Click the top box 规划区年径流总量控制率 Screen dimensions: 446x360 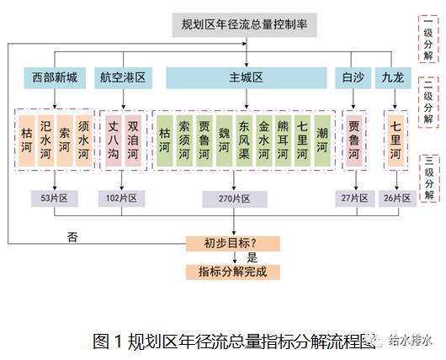click(245, 24)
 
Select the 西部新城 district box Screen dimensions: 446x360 click(55, 78)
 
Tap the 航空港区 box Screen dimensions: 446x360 click(123, 78)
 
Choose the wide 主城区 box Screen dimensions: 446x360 click(247, 78)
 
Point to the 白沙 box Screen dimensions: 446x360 click(353, 78)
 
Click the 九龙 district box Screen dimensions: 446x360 click(393, 78)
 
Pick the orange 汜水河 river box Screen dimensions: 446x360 click(45, 140)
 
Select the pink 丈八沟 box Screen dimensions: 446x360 click(114, 140)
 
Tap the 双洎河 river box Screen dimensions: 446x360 click(133, 140)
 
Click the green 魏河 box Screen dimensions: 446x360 click(224, 140)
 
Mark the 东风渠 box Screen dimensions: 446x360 click(244, 140)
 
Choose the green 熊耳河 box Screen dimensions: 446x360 click(283, 140)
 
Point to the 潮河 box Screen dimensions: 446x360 click(322, 140)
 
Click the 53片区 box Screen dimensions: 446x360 click(55, 199)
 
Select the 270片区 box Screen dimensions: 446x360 click(235, 199)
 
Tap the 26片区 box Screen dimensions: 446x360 click(397, 199)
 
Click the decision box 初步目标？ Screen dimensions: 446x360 click(232, 244)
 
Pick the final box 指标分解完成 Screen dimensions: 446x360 click(232, 273)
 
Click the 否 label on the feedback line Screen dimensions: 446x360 click(72, 237)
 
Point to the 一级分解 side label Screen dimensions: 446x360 click(428, 39)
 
